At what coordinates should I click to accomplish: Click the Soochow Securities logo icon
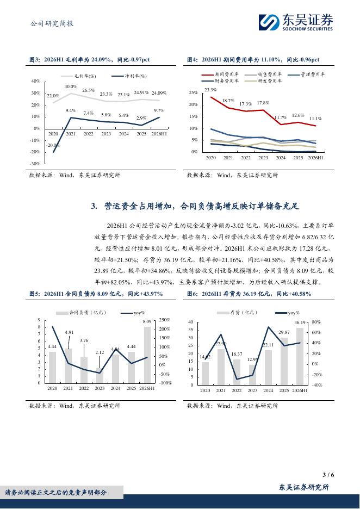pyautogui.click(x=269, y=22)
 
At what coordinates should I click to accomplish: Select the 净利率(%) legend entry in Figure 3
pyautogui.click(x=129, y=76)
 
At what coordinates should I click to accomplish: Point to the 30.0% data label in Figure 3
pyautogui.click(x=71, y=86)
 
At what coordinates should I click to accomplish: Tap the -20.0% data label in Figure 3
pyautogui.click(x=53, y=145)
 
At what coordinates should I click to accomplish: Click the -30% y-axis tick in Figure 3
pyautogui.click(x=35, y=164)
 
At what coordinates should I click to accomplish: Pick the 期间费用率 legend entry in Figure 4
pyautogui.click(x=220, y=75)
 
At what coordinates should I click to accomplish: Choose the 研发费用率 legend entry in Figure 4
pyautogui.click(x=263, y=81)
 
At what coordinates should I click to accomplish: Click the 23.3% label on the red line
pyautogui.click(x=210, y=90)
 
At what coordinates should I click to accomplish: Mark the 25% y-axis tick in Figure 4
pyautogui.click(x=194, y=92)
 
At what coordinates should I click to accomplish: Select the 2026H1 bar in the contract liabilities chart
pyautogui.click(x=147, y=355)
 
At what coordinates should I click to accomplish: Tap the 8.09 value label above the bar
pyautogui.click(x=147, y=321)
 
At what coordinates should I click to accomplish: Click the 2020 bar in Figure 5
pyautogui.click(x=52, y=368)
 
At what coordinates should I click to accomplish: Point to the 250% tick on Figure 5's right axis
pyautogui.click(x=165, y=320)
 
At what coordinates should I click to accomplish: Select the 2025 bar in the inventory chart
pyautogui.click(x=284, y=361)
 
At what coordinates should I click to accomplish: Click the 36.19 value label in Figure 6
pyautogui.click(x=300, y=322)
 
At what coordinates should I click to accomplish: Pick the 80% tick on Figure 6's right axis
pyautogui.click(x=316, y=322)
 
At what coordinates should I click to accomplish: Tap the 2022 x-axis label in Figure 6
pyautogui.click(x=237, y=390)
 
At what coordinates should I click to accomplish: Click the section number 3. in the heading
pyautogui.click(x=94, y=206)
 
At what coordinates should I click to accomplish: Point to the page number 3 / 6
pyautogui.click(x=328, y=475)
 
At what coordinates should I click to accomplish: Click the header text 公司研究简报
pyautogui.click(x=52, y=23)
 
